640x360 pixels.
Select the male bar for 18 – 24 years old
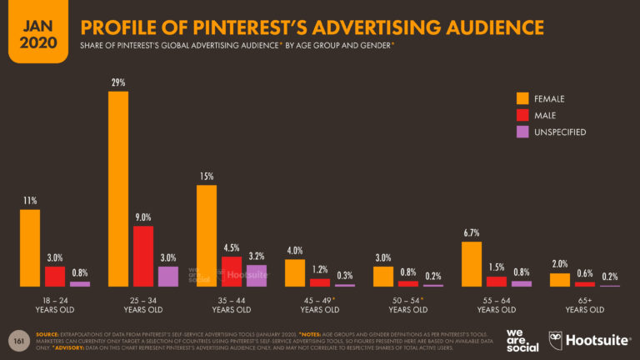click(55, 277)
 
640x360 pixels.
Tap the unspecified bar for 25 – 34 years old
click(168, 277)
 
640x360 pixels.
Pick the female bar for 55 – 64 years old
click(471, 264)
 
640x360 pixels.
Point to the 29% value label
click(118, 82)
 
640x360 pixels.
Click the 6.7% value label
click(471, 232)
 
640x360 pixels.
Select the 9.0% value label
click(143, 217)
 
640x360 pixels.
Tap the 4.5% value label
click(232, 247)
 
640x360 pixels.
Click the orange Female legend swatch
click(522, 98)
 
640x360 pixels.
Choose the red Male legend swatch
click(522, 115)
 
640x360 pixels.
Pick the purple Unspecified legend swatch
click(522, 132)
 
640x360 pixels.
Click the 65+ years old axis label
click(585, 305)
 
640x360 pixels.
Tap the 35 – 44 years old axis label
click(232, 305)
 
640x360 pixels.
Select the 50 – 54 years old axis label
click(407, 305)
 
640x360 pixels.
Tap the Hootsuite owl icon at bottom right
click(557, 340)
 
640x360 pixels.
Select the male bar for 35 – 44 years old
click(232, 272)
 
